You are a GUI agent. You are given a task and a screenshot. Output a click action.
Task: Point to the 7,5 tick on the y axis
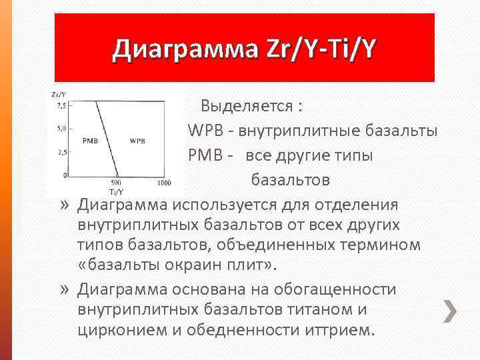[x=61, y=105]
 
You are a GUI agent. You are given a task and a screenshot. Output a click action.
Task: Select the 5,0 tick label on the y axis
[x=61, y=128]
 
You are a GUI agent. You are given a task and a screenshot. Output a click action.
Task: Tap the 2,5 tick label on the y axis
[x=61, y=153]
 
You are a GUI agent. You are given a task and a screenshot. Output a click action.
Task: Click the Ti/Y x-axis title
[x=116, y=190]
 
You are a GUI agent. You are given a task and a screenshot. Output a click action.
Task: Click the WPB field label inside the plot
[x=138, y=141]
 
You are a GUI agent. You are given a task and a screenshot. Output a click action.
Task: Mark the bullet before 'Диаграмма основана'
[x=64, y=289]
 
